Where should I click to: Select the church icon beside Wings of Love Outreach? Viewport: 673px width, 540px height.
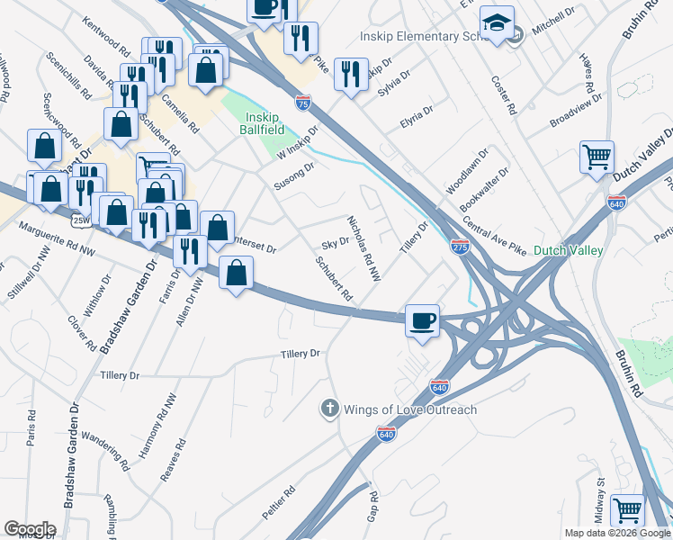tap(329, 409)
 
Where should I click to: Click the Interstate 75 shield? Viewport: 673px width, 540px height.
tap(303, 104)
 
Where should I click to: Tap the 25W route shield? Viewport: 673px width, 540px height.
tap(80, 220)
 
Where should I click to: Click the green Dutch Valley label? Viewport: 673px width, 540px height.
tap(568, 251)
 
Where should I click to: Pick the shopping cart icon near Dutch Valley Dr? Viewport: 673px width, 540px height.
tap(597, 158)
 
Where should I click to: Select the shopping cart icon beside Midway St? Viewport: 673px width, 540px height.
tap(627, 511)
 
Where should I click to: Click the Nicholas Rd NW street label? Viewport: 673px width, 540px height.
tap(364, 248)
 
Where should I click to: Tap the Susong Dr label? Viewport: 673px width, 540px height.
tap(294, 177)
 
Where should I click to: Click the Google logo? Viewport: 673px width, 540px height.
tap(30, 529)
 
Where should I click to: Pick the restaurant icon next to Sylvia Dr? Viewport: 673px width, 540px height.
tap(351, 74)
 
